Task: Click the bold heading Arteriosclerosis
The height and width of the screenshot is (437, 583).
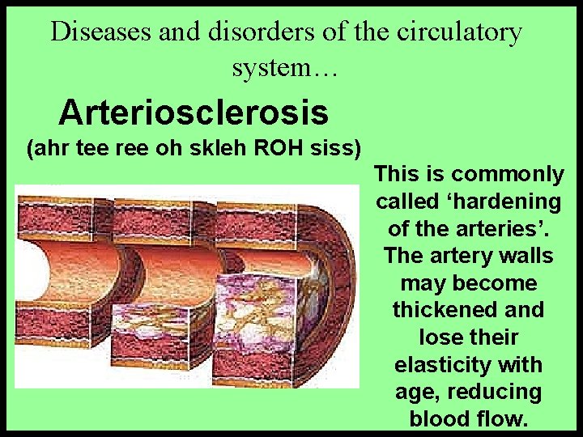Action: [x=194, y=112]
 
